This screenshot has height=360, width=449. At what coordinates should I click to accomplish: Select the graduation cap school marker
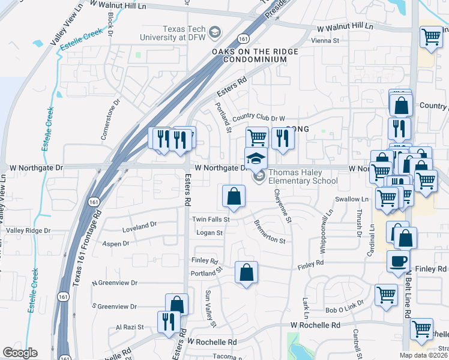coord(256,158)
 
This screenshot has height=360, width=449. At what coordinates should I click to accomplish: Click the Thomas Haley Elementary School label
coord(303,176)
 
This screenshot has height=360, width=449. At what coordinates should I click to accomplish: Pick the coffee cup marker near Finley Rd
coord(398,262)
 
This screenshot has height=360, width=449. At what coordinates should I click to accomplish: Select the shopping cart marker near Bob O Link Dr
coord(386,295)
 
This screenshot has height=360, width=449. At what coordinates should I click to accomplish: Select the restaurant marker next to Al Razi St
coord(167,321)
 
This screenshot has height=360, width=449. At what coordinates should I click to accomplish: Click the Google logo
coord(20,353)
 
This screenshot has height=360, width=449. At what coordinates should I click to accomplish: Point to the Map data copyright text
coord(423,355)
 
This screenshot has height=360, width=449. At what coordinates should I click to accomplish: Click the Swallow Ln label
coord(352,199)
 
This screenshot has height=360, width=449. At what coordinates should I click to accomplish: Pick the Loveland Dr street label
coord(139,224)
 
